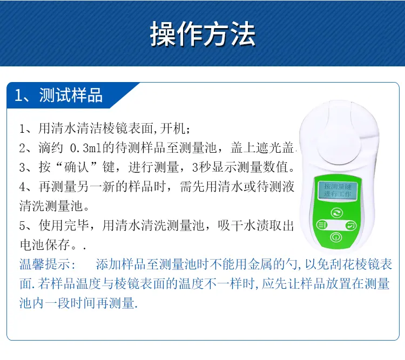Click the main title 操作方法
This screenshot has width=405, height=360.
pyautogui.click(x=202, y=34)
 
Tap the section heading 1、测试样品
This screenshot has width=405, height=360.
pyautogui.click(x=59, y=95)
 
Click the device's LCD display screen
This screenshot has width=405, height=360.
pyautogui.click(x=337, y=190)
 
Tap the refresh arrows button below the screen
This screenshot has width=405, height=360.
pyautogui.click(x=337, y=213)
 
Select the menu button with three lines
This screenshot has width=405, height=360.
pyautogui.click(x=322, y=225)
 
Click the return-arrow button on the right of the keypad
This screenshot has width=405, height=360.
pyautogui.click(x=351, y=226)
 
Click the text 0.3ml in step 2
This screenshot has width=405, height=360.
pyautogui.click(x=86, y=148)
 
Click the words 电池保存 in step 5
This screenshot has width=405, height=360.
pyautogui.click(x=45, y=244)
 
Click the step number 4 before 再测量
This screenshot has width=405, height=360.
pyautogui.click(x=22, y=187)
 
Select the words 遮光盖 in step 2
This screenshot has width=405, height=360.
pyautogui.click(x=275, y=148)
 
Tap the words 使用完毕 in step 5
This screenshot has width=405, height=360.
pyautogui.click(x=64, y=226)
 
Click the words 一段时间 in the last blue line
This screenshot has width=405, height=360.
pyautogui.click(x=70, y=303)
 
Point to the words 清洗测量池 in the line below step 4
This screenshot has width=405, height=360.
pyautogui.click(x=51, y=206)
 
